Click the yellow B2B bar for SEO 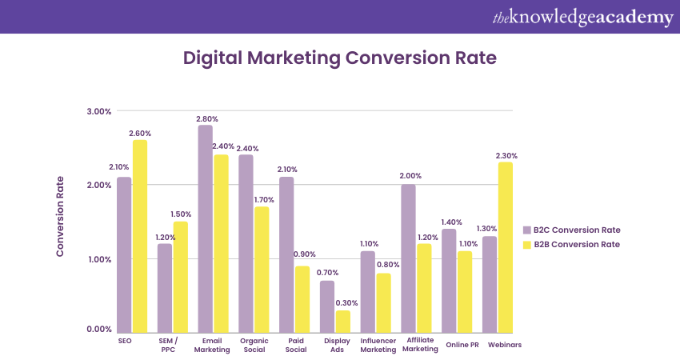140,236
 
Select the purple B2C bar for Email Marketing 205,229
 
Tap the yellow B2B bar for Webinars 505,247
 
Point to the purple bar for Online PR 449,281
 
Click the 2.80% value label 206,118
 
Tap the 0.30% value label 346,303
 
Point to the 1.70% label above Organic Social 264,200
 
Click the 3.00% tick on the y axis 98,111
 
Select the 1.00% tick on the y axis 98,259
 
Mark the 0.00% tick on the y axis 98,329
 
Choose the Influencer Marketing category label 378,344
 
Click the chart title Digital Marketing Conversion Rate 340,58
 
